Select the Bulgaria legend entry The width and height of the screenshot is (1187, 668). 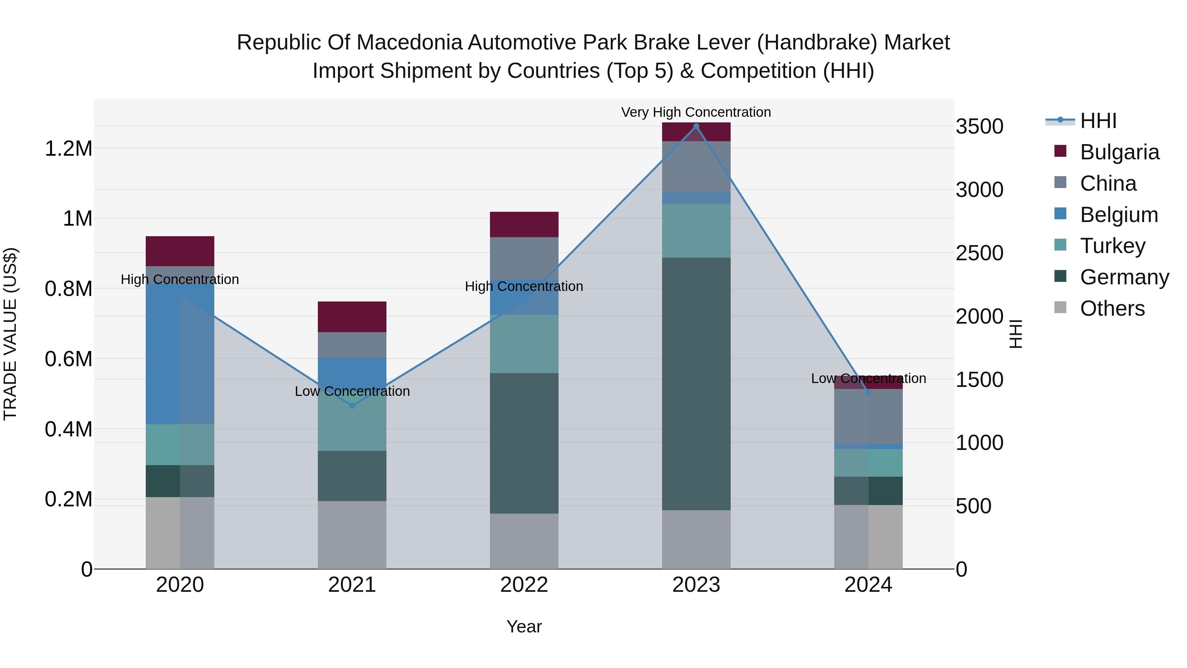point(1119,152)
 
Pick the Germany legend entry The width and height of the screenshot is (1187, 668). point(1124,277)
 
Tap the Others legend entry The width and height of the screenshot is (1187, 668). point(1112,308)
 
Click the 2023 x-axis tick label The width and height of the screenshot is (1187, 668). point(696,585)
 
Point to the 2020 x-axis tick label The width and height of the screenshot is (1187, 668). point(180,585)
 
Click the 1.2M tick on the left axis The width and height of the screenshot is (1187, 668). point(68,148)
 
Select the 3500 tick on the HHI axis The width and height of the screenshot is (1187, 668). point(979,126)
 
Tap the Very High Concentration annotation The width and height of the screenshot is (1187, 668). point(696,112)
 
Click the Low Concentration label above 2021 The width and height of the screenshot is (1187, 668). point(352,391)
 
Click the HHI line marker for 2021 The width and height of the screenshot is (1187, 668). point(352,406)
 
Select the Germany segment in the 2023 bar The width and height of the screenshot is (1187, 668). point(696,383)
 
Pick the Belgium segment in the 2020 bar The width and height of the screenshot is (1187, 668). point(180,353)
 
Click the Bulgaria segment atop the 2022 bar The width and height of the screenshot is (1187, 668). point(524,225)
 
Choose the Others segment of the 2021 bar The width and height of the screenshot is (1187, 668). point(352,535)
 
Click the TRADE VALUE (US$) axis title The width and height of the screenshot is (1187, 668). point(10,334)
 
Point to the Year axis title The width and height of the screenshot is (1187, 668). point(524,626)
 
